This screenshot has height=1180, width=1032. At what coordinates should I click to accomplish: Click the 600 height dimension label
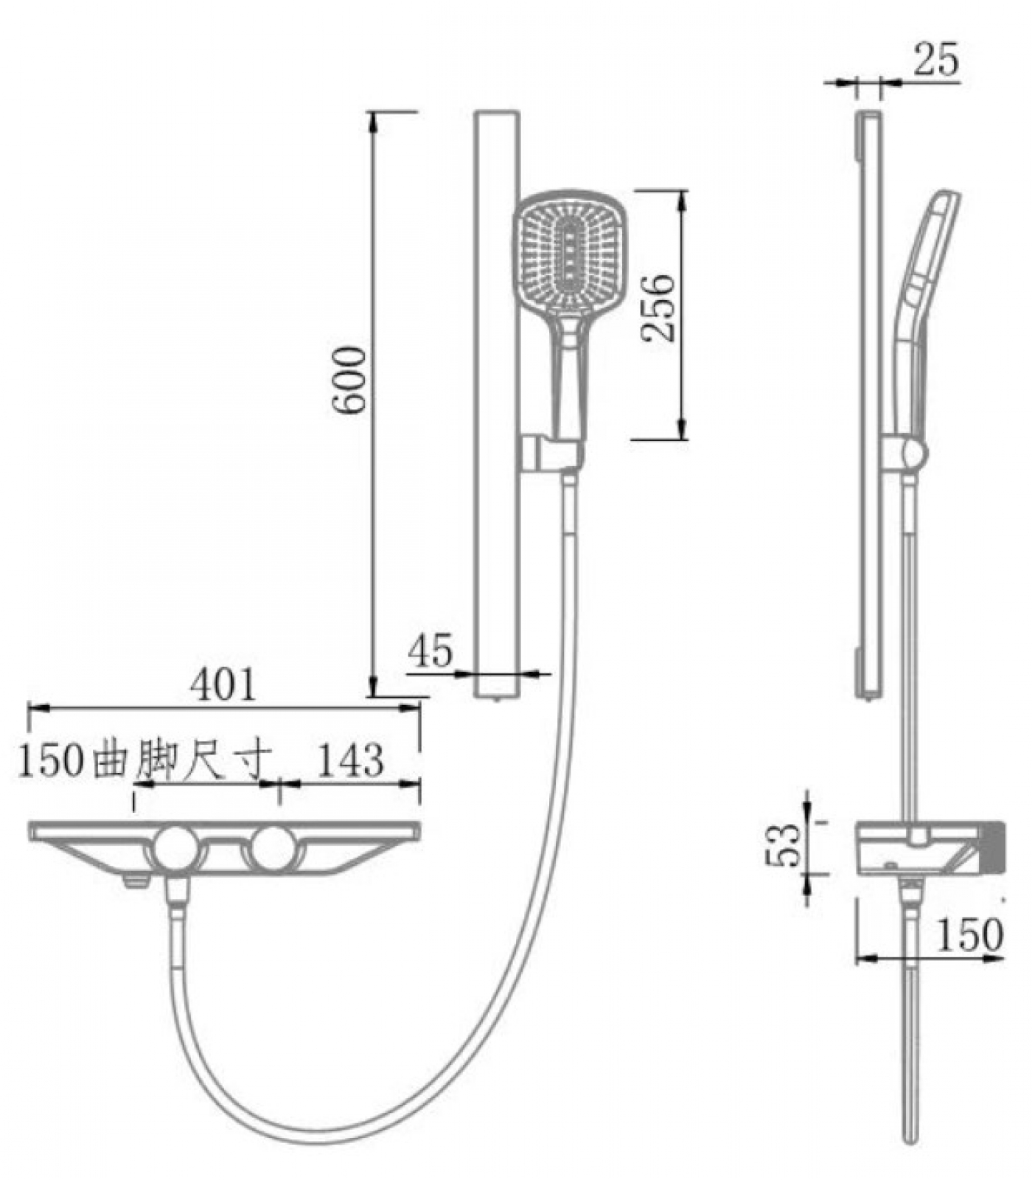[x=349, y=381]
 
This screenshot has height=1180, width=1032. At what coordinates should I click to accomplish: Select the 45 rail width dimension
[x=430, y=651]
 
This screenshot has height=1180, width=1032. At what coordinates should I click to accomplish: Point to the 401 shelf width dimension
[x=223, y=684]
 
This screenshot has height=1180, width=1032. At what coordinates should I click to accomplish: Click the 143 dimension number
[x=350, y=760]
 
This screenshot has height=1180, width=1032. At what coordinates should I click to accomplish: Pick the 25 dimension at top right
[x=937, y=60]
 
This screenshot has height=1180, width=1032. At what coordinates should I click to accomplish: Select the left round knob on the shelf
[x=178, y=850]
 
